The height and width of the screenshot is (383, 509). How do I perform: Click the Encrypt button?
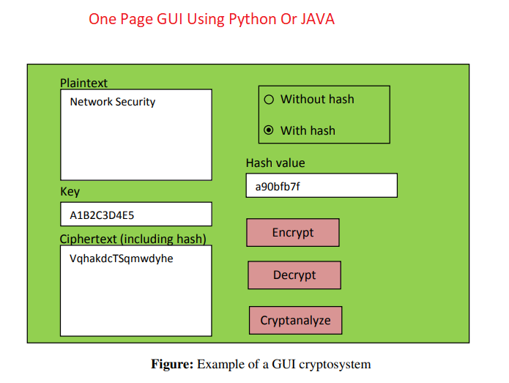point(293,233)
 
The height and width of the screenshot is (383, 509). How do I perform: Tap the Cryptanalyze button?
point(295,320)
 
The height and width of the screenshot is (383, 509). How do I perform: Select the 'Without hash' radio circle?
point(268,100)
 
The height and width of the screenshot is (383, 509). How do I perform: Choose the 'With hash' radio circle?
point(268,130)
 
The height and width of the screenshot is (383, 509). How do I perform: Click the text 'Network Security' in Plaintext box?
point(113,102)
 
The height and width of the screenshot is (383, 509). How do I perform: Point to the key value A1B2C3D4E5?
point(102,215)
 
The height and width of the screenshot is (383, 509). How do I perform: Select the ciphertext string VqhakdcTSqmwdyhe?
point(122,259)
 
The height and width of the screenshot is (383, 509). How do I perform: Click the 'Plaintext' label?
point(83,83)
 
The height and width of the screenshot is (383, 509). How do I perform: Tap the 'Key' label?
point(70,192)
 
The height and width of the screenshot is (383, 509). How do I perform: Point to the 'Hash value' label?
point(275,163)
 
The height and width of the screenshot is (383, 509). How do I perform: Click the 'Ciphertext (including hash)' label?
point(133,239)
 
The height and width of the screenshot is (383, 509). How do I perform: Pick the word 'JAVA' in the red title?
point(316,20)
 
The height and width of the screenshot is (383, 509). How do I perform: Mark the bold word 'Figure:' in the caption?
point(172,364)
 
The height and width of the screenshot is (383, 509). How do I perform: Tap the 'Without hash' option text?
point(317,100)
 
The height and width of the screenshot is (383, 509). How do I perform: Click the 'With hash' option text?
point(308,130)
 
